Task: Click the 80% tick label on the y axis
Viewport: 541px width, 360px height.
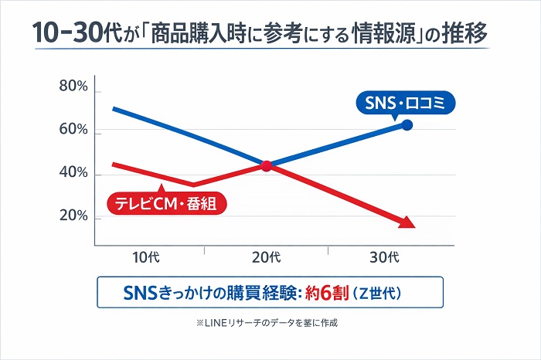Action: [73, 87]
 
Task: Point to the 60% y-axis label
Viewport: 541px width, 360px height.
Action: [73, 130]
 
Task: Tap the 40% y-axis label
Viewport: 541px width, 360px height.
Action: [73, 174]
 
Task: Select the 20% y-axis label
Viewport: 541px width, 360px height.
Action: [73, 217]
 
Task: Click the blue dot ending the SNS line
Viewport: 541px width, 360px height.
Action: [407, 124]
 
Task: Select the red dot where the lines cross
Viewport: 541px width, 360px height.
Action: [267, 165]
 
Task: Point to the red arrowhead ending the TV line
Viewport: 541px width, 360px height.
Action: [407, 223]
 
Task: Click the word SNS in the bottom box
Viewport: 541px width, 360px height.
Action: [140, 294]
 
